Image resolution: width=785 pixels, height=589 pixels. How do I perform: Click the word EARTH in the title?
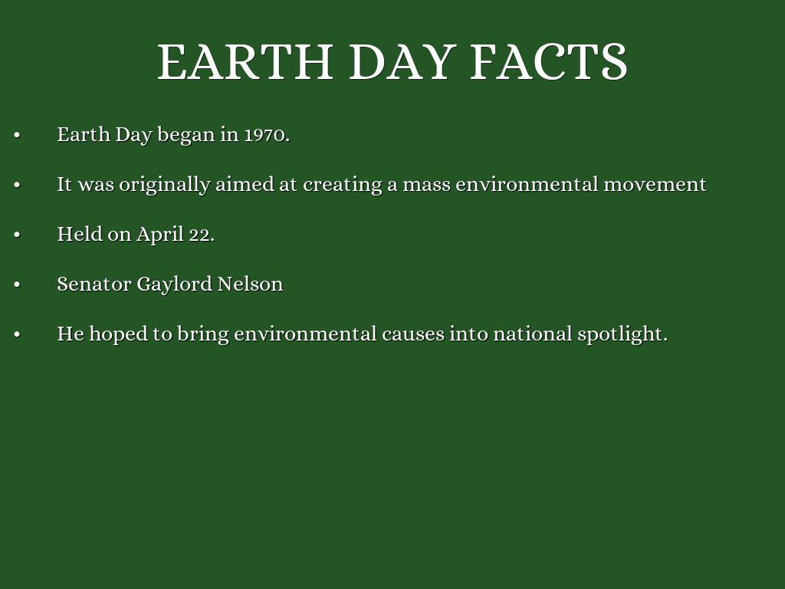pyautogui.click(x=245, y=61)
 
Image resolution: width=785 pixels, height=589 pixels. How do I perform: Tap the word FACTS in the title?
pyautogui.click(x=549, y=61)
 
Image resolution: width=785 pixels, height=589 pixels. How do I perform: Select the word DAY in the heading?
pyautogui.click(x=402, y=61)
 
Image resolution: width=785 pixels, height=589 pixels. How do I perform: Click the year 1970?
pyautogui.click(x=267, y=135)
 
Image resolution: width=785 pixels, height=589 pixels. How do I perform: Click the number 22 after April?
pyautogui.click(x=202, y=235)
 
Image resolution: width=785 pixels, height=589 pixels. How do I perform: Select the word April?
pyautogui.click(x=160, y=235)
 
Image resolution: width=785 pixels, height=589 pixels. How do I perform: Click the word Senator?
pyautogui.click(x=94, y=284)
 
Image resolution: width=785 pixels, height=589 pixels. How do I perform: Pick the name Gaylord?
pyautogui.click(x=175, y=285)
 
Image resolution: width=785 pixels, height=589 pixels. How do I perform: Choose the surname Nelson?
pyautogui.click(x=251, y=284)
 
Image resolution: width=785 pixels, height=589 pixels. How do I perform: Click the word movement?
pyautogui.click(x=655, y=185)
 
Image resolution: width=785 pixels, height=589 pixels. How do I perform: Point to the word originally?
pyautogui.click(x=165, y=185)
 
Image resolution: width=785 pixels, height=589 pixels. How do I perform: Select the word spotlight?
pyautogui.click(x=622, y=334)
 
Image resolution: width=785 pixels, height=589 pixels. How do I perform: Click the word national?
pyautogui.click(x=533, y=334)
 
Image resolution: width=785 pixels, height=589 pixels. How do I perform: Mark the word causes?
pyautogui.click(x=413, y=334)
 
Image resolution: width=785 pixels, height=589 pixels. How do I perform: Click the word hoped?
pyautogui.click(x=119, y=334)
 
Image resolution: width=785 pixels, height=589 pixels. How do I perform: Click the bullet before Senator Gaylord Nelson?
pyautogui.click(x=17, y=285)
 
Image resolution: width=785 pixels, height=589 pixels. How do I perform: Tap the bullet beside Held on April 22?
pyautogui.click(x=17, y=235)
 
